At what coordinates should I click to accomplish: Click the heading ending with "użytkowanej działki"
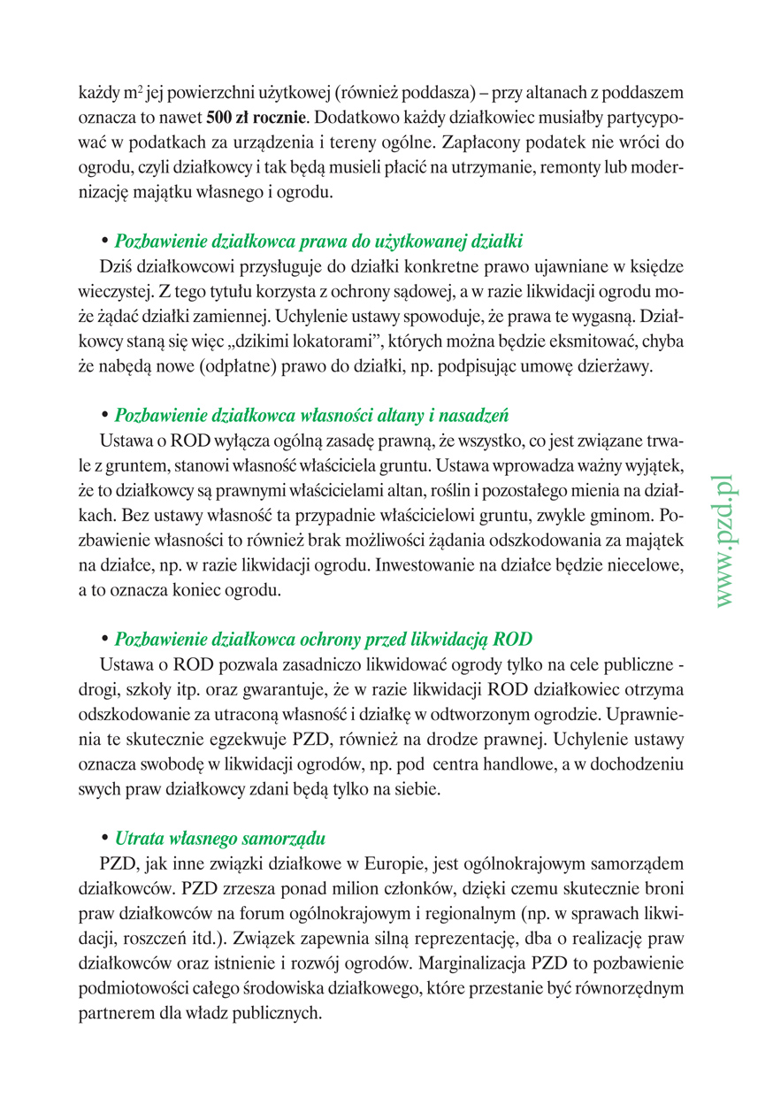(319, 240)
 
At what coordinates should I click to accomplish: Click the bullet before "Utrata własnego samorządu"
(105, 836)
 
